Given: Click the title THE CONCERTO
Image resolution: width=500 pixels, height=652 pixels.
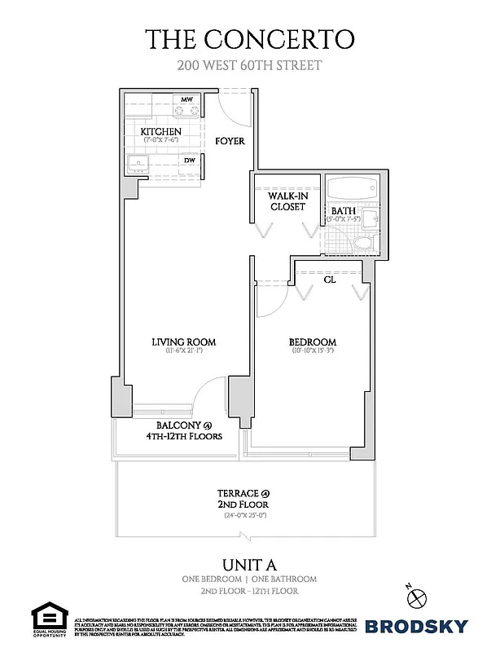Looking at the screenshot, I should point(249,39).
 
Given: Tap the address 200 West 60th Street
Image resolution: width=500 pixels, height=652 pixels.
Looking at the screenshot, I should point(249,66).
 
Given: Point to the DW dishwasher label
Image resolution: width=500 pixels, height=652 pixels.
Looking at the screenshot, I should point(189,161).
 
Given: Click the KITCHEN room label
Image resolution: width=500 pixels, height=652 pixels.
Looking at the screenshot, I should point(160,131).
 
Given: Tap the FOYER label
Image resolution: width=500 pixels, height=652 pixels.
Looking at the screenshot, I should point(230,141).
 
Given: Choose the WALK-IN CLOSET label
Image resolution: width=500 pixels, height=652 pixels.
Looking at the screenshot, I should point(287,201).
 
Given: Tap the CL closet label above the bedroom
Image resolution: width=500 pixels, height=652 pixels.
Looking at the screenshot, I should point(330,279).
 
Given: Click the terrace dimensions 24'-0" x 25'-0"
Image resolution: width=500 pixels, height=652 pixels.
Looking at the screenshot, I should point(243,515).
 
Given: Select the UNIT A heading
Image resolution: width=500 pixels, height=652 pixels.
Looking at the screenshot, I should point(249,564).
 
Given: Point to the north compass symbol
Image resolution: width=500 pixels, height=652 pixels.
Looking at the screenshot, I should point(419,596).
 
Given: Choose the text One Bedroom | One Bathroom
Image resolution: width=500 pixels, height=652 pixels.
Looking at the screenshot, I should point(249,579).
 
